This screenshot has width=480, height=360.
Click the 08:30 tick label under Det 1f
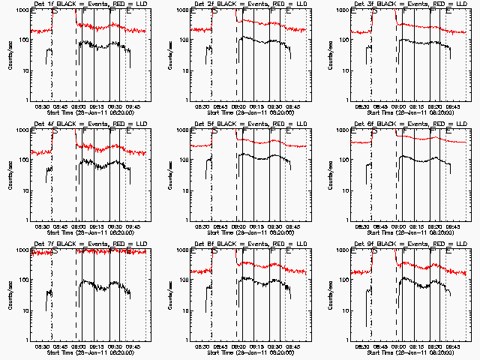coord(43,106)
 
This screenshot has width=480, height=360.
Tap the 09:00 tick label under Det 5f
coord(239,226)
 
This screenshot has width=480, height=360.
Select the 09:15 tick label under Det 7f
coord(97,346)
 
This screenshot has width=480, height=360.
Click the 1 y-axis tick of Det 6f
coord(346,220)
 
